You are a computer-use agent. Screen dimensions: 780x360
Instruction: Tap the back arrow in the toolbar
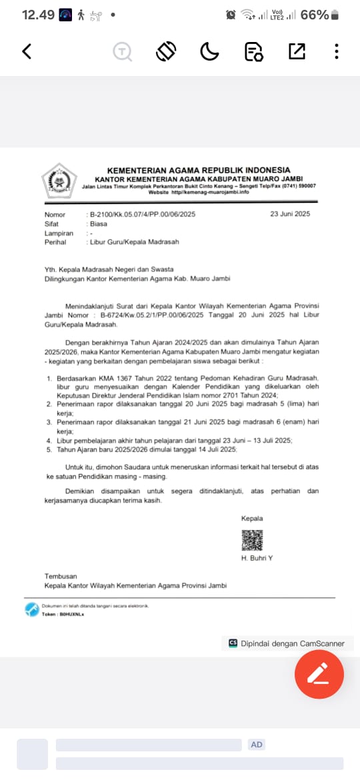[x=27, y=51]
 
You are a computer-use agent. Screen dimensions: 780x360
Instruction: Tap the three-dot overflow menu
[x=337, y=51]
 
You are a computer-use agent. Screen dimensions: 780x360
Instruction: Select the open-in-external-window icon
[x=297, y=51]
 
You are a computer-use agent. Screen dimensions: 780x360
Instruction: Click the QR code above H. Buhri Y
[x=252, y=540]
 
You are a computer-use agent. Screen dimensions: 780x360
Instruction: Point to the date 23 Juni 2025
[x=290, y=215]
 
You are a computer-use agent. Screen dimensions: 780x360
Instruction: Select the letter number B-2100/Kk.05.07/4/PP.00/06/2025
[x=143, y=215]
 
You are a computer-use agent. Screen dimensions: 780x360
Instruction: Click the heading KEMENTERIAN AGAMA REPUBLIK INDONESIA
[x=198, y=170]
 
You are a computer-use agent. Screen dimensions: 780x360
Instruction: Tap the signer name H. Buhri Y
[x=257, y=557]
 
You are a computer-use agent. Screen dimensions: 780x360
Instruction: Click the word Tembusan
[x=61, y=576]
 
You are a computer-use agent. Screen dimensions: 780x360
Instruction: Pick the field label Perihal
[x=55, y=243]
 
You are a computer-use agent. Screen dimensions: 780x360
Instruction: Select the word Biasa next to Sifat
[x=99, y=224]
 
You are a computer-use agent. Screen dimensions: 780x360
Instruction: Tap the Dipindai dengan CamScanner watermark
[x=287, y=643]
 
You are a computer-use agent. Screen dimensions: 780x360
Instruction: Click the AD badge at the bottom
[x=257, y=745]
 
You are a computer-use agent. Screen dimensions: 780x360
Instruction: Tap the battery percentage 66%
[x=314, y=15]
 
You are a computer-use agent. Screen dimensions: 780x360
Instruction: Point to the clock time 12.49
[x=37, y=15]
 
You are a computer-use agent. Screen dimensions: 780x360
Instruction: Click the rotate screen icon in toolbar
[x=166, y=51]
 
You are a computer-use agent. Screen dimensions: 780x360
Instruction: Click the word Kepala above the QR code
[x=252, y=519]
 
